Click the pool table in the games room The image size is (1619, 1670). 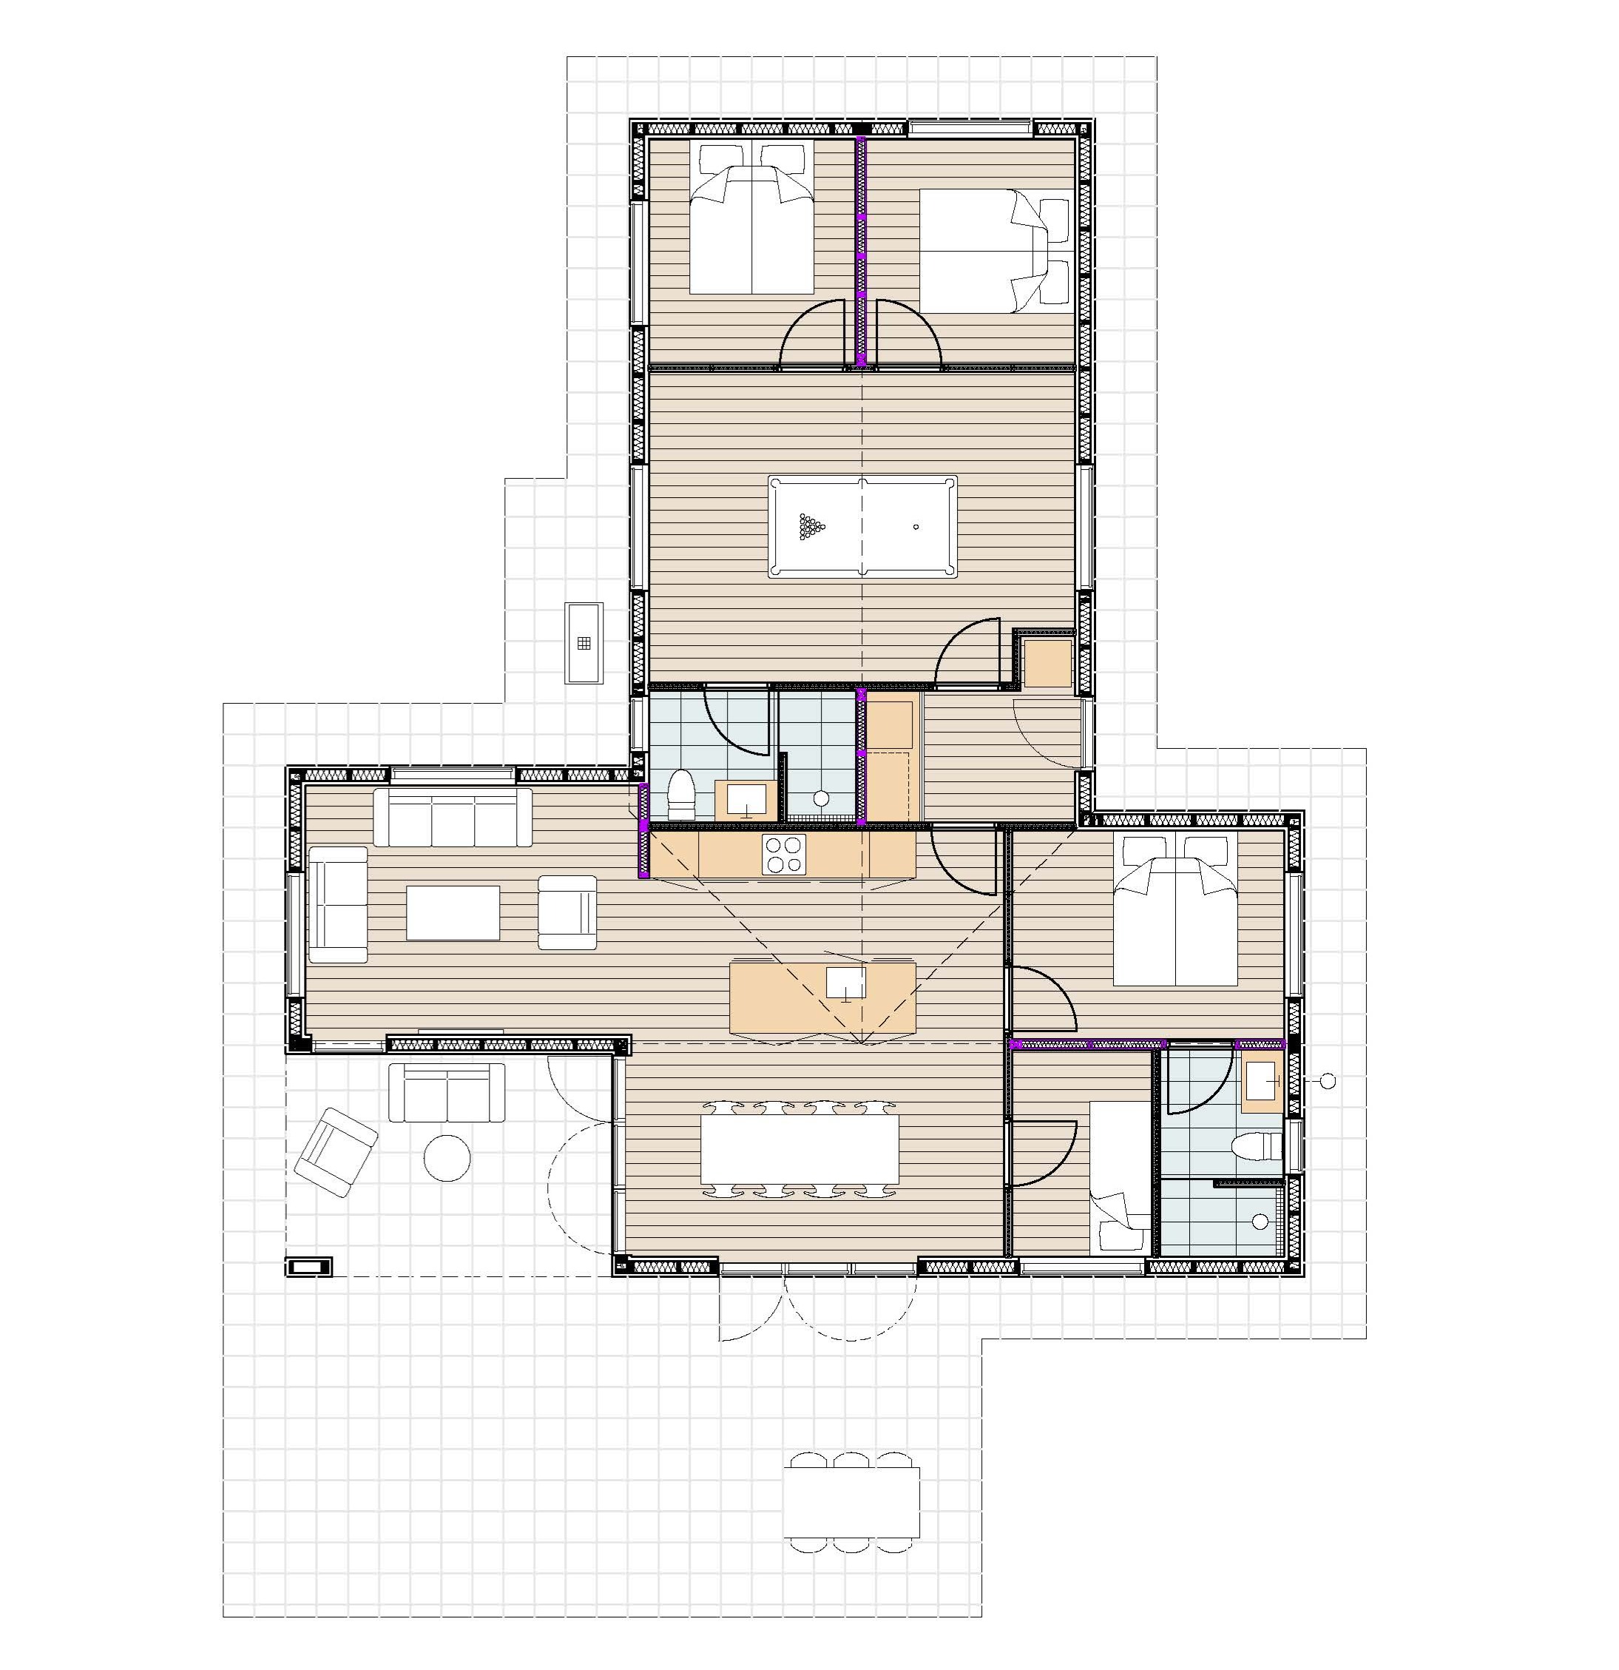click(862, 527)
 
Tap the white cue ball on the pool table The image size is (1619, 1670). click(916, 527)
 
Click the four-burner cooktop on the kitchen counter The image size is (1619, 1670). click(783, 855)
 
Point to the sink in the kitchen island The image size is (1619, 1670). click(845, 983)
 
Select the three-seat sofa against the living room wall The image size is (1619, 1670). click(452, 817)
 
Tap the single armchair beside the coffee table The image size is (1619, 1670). click(567, 912)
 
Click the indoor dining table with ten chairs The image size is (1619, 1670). click(799, 1149)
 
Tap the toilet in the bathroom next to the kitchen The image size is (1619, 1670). click(681, 793)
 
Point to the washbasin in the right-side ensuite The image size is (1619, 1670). click(1263, 1081)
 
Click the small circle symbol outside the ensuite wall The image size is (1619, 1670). click(1327, 1081)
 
